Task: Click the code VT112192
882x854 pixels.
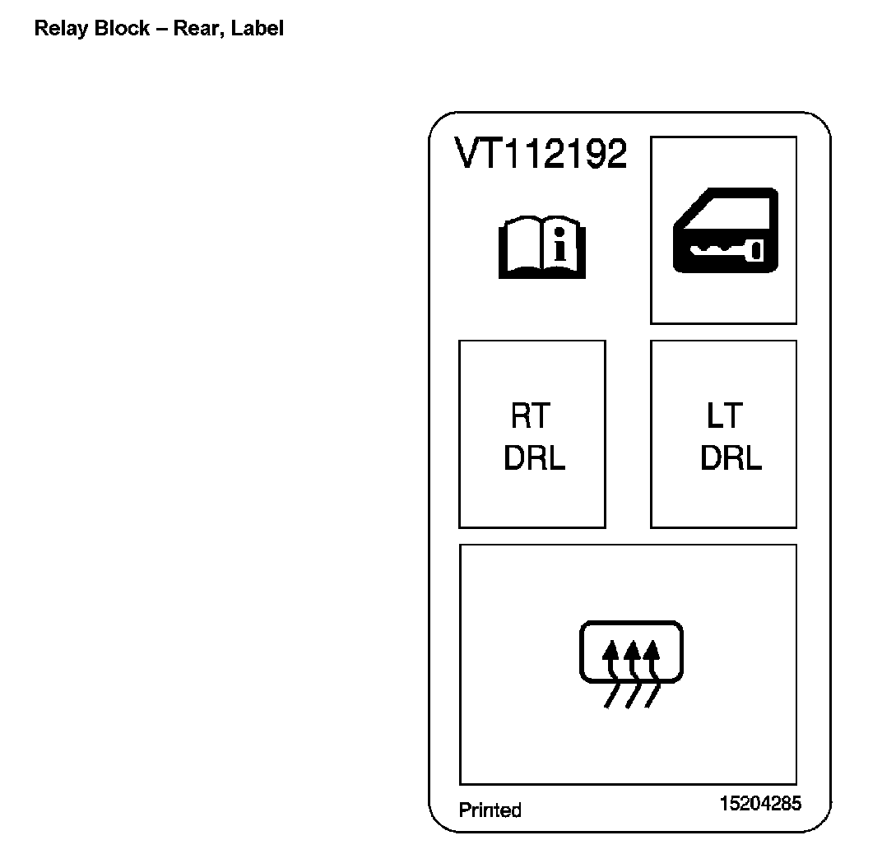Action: (x=541, y=154)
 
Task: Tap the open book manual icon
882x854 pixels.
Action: (x=542, y=247)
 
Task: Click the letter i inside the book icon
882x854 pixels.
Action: (x=560, y=247)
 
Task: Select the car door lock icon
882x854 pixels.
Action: (x=724, y=230)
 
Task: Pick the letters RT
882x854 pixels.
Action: (x=530, y=416)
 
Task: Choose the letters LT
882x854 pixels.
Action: (x=724, y=416)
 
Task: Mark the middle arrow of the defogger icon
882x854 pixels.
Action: (x=631, y=658)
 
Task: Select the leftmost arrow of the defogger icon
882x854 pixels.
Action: (x=610, y=658)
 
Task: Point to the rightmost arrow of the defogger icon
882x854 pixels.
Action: (x=652, y=658)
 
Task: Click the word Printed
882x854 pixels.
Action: (x=490, y=810)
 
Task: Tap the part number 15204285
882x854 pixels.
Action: (x=760, y=804)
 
